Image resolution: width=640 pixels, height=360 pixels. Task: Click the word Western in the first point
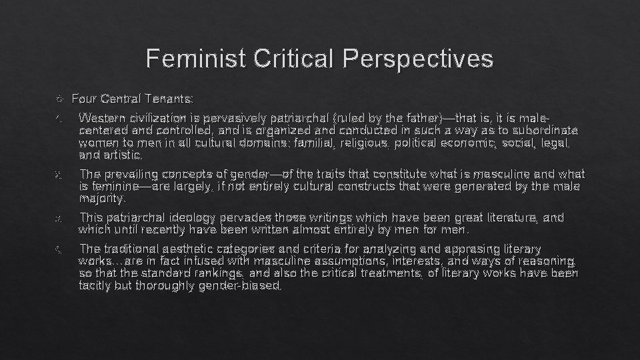click(x=101, y=118)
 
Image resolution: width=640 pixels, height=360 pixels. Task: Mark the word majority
click(x=101, y=198)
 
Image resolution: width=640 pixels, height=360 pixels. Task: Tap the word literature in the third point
click(x=514, y=217)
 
